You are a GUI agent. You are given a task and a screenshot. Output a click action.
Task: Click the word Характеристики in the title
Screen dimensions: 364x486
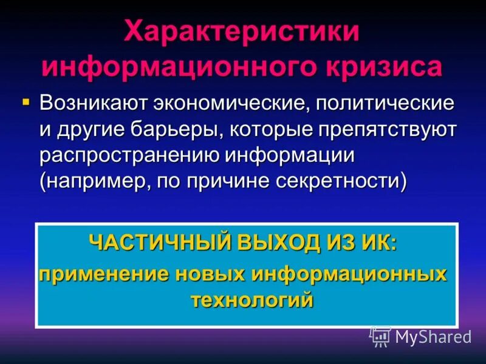click(242, 32)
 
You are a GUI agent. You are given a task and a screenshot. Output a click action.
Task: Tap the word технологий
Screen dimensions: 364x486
click(252, 299)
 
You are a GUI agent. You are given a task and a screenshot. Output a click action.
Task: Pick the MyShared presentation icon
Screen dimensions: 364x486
click(380, 336)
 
